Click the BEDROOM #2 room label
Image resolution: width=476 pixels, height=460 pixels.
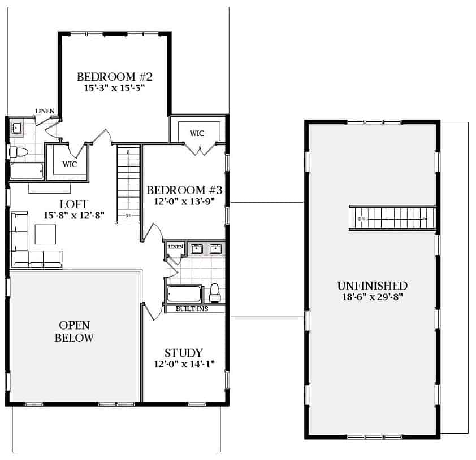[x=115, y=77]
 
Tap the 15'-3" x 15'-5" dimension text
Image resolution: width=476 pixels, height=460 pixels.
[x=115, y=88]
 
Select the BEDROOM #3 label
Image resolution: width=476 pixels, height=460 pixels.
[x=184, y=190]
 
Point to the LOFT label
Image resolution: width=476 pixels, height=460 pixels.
[x=74, y=204]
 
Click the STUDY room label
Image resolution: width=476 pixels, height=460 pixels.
[x=183, y=353]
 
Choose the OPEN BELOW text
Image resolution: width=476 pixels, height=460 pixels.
[x=74, y=332]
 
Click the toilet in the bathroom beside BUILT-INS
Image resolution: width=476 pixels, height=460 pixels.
[x=215, y=292]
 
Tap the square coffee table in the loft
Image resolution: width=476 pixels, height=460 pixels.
[x=46, y=234]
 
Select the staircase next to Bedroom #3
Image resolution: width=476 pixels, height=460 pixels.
[x=128, y=183]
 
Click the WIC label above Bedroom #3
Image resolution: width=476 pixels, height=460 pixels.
[x=197, y=134]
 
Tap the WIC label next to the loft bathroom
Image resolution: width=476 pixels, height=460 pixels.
[x=69, y=164]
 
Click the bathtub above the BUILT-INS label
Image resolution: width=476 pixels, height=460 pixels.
[x=184, y=294]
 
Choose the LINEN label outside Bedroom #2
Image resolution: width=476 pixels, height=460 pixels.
[x=44, y=111]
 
